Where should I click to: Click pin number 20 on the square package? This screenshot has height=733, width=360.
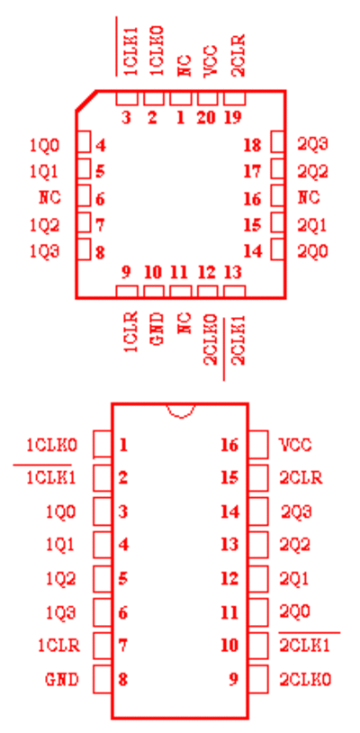206,117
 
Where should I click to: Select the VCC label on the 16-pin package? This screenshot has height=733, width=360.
295,445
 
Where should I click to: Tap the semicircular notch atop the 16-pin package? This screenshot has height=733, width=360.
181,411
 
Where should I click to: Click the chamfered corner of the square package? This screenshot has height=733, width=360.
85,101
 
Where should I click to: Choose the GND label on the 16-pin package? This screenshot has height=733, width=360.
62,679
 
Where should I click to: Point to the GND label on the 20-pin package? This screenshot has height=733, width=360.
158,330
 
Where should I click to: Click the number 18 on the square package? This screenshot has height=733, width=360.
253,145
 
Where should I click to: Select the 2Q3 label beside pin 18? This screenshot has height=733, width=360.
313,144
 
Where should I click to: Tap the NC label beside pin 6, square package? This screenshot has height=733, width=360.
49,197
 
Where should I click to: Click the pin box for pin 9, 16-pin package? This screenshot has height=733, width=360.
258,679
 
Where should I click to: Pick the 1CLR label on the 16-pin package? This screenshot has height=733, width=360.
58,646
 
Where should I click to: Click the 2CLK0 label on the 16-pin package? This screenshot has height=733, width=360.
305,679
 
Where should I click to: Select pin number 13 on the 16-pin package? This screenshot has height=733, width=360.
229,545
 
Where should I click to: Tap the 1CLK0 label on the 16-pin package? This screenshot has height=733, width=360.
51,445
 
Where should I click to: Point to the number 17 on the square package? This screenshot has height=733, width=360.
253,172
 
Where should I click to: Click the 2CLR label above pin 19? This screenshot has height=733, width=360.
238,55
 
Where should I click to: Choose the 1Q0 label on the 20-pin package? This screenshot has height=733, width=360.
45,146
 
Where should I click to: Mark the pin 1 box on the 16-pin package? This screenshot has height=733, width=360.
103,444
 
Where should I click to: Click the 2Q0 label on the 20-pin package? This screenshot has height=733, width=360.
313,252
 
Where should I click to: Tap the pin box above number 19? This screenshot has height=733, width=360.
234,98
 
